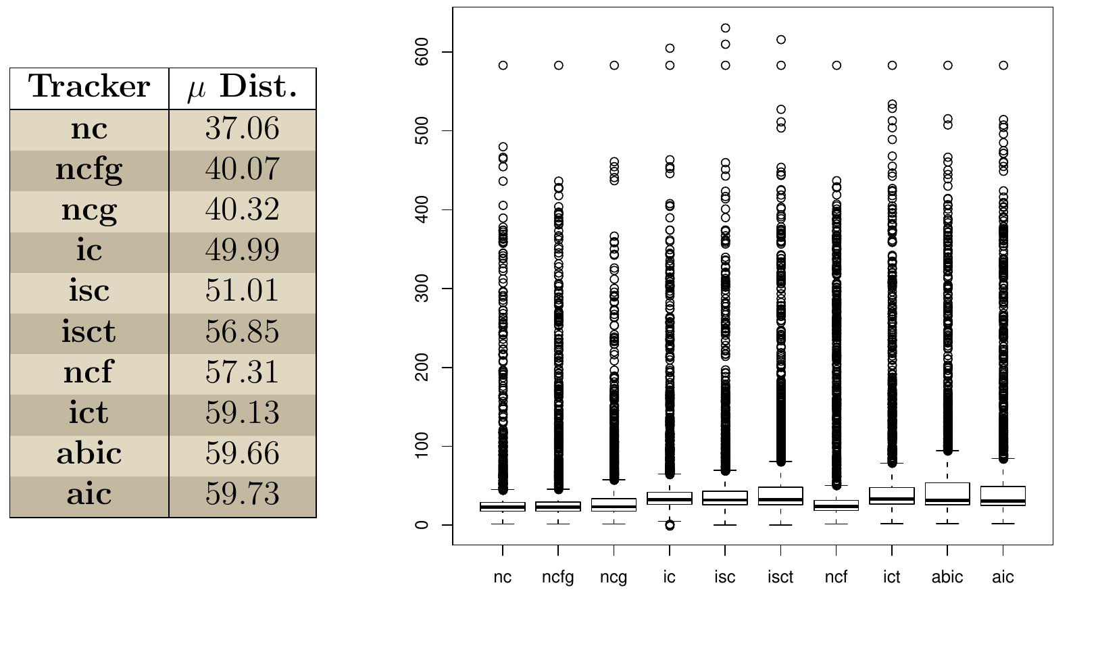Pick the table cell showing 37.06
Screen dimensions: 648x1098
[242, 129]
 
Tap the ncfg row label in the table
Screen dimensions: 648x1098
[89, 170]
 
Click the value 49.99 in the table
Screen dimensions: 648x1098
[242, 251]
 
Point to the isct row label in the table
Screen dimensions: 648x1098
[89, 332]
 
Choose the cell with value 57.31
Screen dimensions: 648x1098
[242, 372]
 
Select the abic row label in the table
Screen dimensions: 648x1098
[89, 453]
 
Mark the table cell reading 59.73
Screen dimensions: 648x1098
[242, 494]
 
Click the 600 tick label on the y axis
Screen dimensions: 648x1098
[422, 52]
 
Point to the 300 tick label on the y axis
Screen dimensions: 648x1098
[422, 289]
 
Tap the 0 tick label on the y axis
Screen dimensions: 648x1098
[422, 525]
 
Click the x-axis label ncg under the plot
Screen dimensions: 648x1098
[614, 578]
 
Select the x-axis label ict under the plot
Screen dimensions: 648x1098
[892, 577]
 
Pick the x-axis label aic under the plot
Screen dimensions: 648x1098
[1003, 577]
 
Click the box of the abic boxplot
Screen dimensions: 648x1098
[947, 494]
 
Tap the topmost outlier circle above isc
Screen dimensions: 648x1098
[725, 28]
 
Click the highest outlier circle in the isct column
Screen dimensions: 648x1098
[781, 40]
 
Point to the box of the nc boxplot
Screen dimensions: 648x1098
[503, 507]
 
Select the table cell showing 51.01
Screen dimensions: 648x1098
[242, 291]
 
